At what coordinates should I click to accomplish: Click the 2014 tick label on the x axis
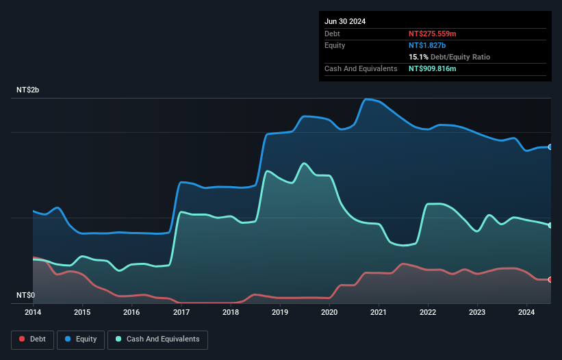tap(33, 313)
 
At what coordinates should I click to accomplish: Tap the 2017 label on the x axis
tap(181, 313)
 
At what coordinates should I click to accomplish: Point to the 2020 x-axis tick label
tap(329, 313)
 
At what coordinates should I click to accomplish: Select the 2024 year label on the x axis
tap(527, 313)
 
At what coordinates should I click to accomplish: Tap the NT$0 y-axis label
tap(25, 295)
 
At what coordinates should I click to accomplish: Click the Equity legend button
tap(80, 339)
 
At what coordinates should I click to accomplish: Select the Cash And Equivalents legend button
tap(157, 339)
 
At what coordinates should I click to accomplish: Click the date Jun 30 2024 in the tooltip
tap(345, 21)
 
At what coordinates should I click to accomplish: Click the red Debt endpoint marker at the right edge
tap(550, 279)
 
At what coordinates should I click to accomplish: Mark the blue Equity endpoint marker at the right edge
tap(550, 147)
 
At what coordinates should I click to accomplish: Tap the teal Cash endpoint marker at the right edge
tap(550, 225)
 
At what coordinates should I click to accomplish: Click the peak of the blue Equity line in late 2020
tap(367, 99)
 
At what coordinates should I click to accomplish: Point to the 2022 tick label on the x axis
tap(428, 313)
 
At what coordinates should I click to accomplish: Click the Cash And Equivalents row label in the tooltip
tap(361, 68)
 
